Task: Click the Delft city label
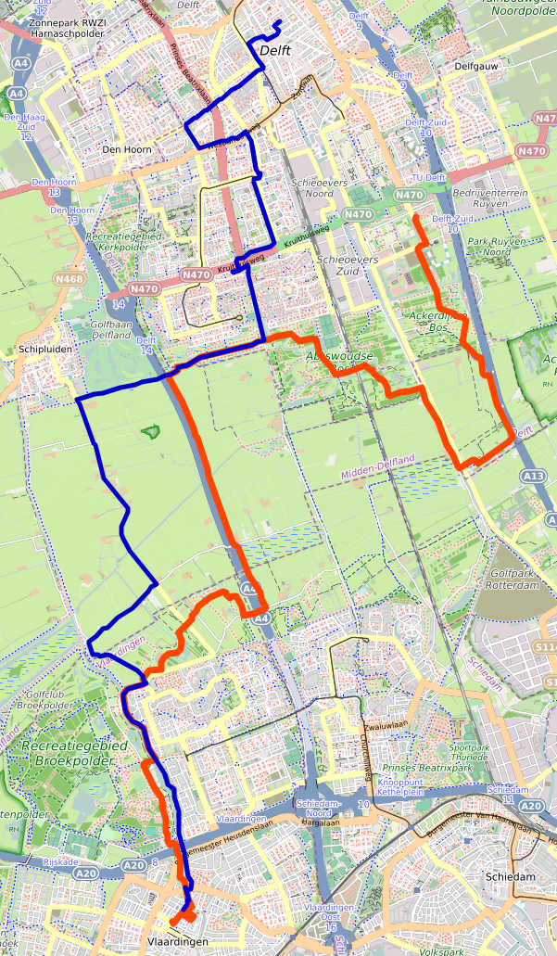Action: [x=276, y=51]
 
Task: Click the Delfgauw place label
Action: [x=484, y=67]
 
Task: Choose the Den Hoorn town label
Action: [x=126, y=148]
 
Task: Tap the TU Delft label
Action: [x=429, y=178]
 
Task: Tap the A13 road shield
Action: [x=533, y=476]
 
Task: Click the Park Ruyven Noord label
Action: [x=490, y=246]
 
